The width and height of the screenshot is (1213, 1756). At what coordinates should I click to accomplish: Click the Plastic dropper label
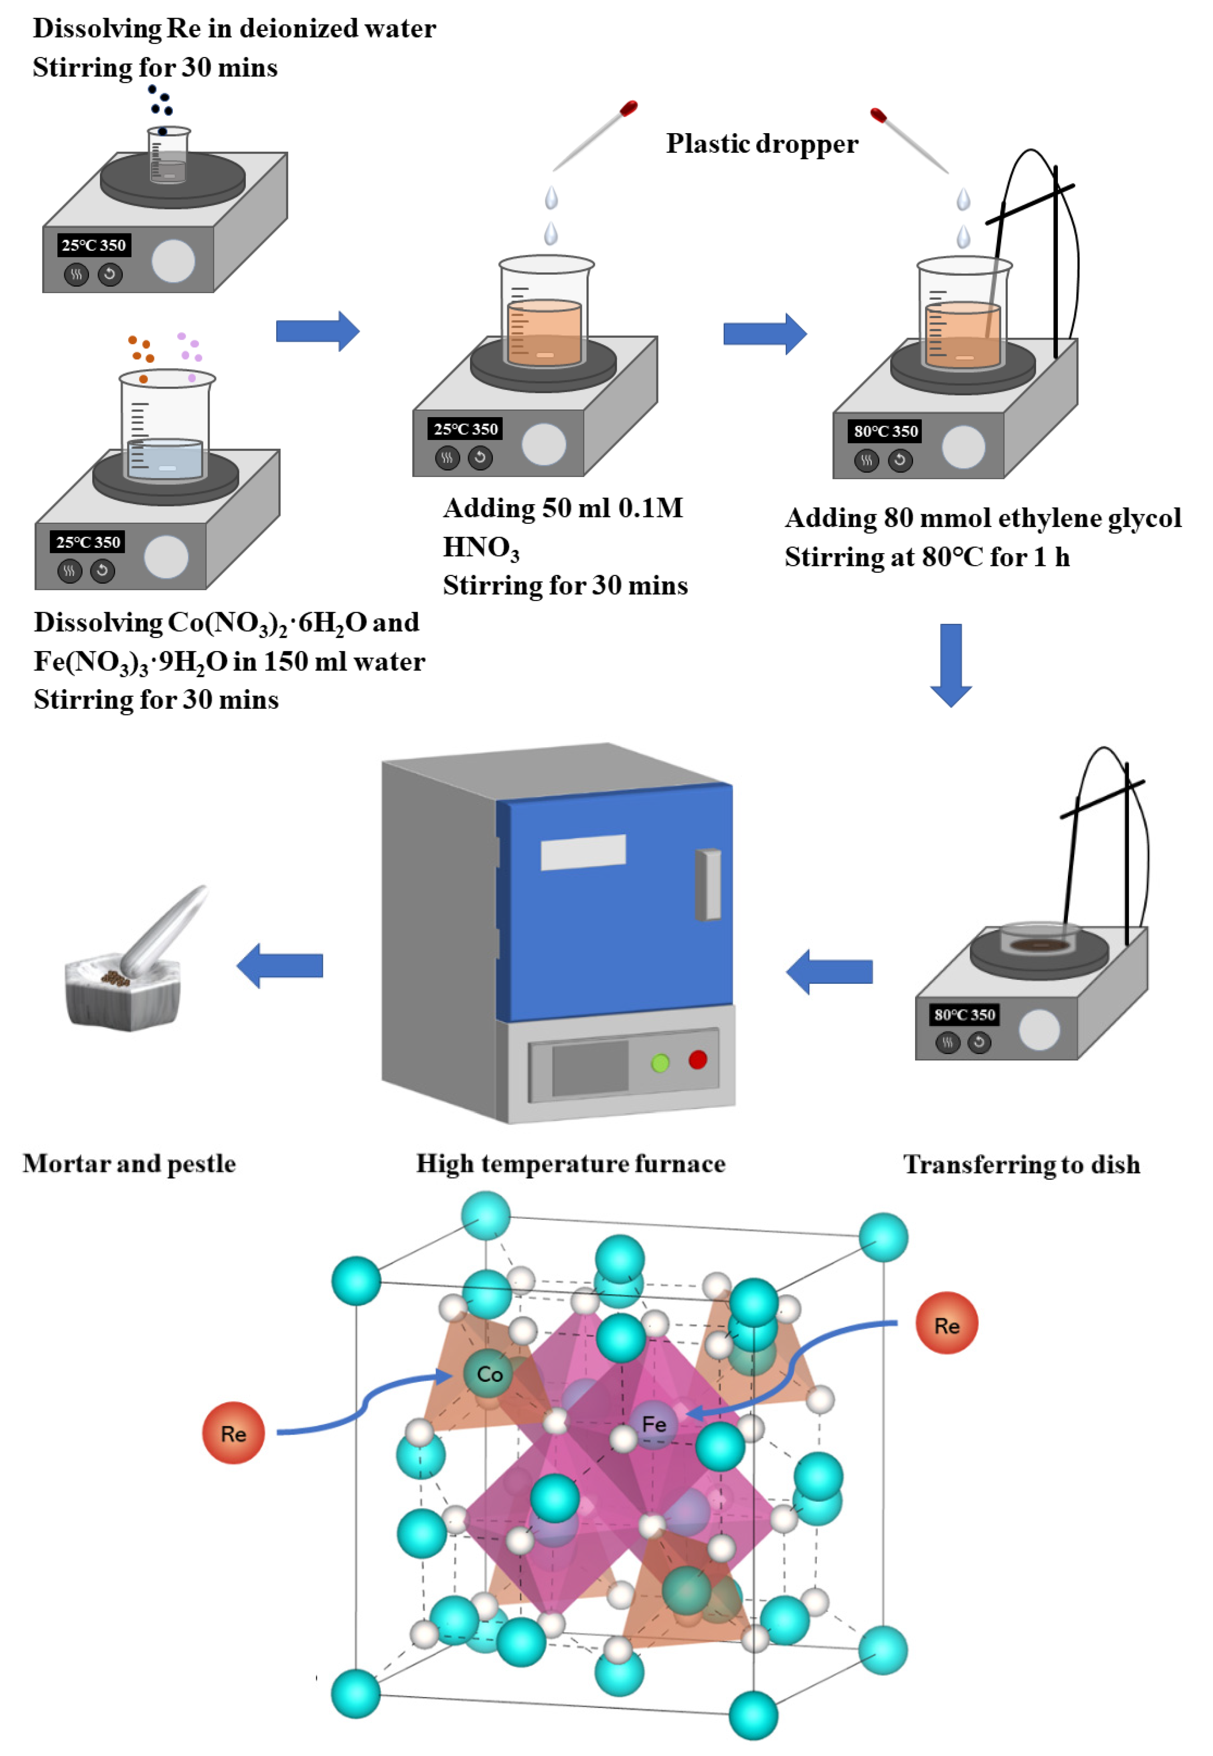coord(761,144)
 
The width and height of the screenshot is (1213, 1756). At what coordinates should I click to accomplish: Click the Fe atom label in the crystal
coord(654,1424)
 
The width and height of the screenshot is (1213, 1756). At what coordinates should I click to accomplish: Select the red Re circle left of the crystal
coord(233,1433)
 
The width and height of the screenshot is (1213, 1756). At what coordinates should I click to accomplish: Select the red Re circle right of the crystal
coord(946,1324)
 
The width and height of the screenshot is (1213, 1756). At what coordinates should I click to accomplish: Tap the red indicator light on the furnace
coord(698,1059)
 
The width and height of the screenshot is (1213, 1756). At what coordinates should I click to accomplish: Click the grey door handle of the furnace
coord(708,884)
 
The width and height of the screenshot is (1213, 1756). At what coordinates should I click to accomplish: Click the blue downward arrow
coord(951,664)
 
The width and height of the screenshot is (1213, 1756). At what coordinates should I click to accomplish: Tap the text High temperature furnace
coord(570,1163)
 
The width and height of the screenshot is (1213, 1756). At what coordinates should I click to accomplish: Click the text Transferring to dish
coord(1021,1164)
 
